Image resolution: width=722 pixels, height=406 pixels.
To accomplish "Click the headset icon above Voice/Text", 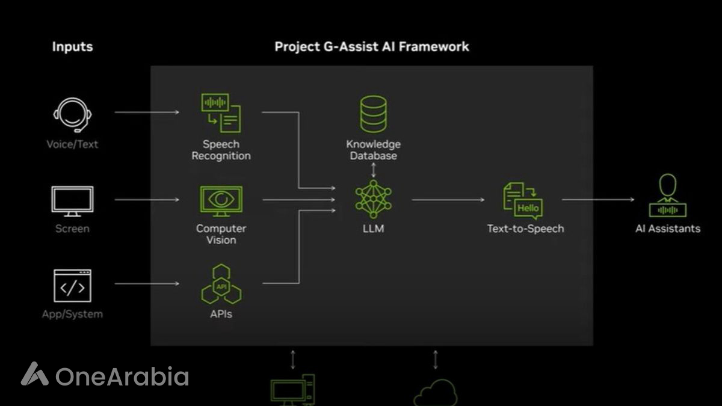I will pos(72,114).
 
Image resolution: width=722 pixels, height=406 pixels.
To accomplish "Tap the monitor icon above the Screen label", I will pos(72,201).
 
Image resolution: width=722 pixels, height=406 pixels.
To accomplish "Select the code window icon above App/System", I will pos(72,286).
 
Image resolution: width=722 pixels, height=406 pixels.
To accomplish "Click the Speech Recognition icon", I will pos(221,112).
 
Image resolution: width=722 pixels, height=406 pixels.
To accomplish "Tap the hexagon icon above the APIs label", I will pos(220,284).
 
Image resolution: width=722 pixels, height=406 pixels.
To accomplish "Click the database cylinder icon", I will pos(373,114).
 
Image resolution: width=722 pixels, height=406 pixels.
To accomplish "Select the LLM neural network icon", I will pos(373,199).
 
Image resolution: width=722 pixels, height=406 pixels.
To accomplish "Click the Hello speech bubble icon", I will pos(523,201).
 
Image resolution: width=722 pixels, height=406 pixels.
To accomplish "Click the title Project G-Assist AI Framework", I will pos(372,46).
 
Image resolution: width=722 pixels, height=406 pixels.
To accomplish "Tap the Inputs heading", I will pos(72,46).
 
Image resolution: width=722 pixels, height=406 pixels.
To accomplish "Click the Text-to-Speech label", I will pos(525,229).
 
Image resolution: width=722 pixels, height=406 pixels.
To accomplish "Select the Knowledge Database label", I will pos(373,150).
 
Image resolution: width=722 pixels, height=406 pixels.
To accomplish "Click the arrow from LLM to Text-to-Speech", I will pos(448,200).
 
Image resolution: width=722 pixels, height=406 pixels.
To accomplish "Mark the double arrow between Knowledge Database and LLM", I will pos(373,169).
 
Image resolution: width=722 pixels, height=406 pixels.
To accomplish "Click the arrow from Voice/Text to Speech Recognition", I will pos(147,112).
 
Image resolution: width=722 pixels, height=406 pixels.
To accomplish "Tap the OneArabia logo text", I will pos(122,377).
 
